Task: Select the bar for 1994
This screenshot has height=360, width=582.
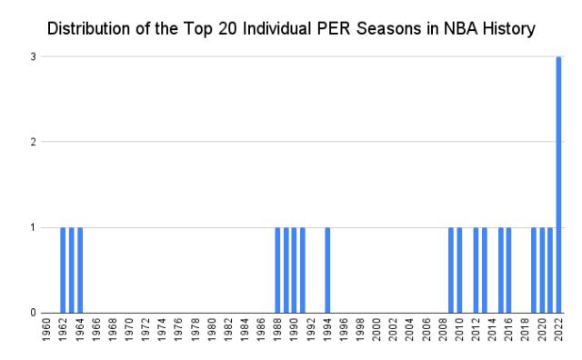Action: (x=327, y=270)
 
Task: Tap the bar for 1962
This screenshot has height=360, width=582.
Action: (x=63, y=270)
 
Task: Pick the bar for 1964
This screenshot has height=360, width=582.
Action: (x=80, y=270)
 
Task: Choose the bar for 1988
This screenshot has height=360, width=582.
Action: (x=277, y=270)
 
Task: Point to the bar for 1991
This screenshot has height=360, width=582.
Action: (x=303, y=270)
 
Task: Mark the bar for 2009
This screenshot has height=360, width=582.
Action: (x=451, y=270)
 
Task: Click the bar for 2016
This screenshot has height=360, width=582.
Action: (x=509, y=270)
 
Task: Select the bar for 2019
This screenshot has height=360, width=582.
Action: (x=534, y=270)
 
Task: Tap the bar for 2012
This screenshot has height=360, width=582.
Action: (x=476, y=270)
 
